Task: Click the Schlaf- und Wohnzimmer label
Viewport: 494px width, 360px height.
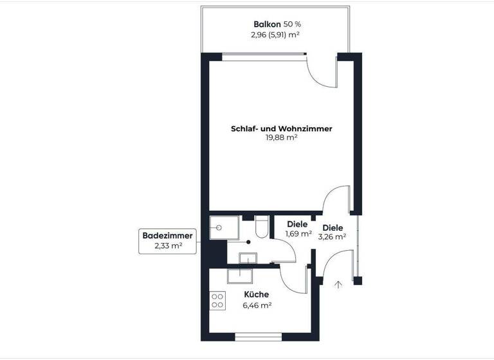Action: coord(281,129)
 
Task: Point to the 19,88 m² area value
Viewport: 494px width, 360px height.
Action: coord(281,138)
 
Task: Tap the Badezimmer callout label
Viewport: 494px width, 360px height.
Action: coord(167,236)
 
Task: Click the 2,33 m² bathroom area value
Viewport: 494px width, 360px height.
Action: coord(167,246)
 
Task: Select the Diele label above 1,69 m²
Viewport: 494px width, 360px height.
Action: coord(297,224)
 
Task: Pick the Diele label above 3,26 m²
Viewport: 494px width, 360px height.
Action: coord(333,228)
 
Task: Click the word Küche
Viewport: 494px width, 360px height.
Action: coord(257,295)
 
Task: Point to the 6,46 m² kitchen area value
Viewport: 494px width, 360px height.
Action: coord(257,305)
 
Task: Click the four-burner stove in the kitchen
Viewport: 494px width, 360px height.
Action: coord(217,300)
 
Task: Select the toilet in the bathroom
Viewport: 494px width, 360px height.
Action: coord(261,227)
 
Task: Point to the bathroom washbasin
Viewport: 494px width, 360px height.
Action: coord(247,258)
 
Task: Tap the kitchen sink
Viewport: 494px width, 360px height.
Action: coord(240,274)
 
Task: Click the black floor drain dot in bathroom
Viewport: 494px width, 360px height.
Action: coord(247,242)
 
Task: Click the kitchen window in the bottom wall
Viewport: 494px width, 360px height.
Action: coord(257,336)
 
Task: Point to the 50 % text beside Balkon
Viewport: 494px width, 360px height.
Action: coord(293,24)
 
